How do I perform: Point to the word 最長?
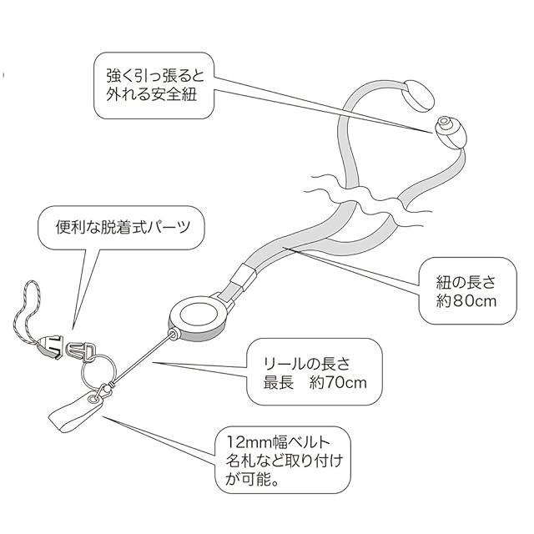point(279,385)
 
